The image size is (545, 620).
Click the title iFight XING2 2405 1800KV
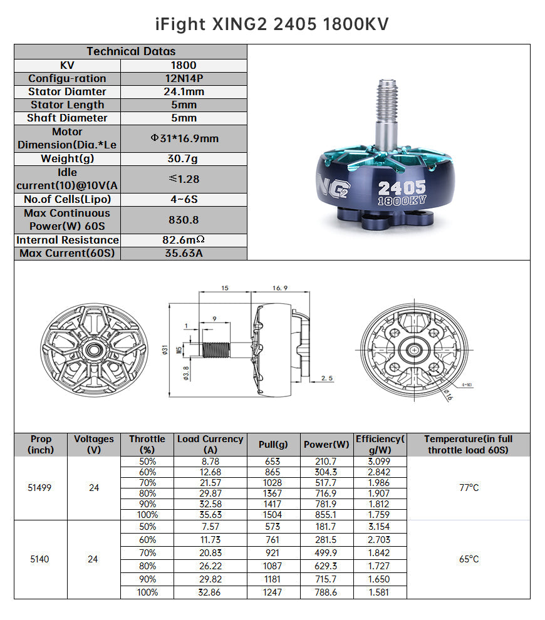click(272, 24)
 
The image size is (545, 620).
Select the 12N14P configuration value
click(184, 78)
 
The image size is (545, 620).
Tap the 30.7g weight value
click(184, 159)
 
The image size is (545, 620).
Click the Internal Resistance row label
click(68, 240)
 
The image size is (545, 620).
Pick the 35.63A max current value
click(184, 254)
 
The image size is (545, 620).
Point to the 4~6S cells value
click(184, 199)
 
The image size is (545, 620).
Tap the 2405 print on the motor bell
click(402, 187)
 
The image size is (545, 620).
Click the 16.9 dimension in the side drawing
click(279, 287)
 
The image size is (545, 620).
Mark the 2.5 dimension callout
click(326, 378)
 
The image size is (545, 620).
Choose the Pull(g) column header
click(273, 445)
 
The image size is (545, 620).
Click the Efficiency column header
click(380, 445)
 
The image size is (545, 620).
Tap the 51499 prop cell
click(41, 488)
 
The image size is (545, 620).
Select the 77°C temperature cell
click(469, 488)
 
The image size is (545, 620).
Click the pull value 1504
click(273, 515)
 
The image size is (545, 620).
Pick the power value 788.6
click(326, 592)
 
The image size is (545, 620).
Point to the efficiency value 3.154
click(379, 527)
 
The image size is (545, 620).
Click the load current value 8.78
click(210, 462)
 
